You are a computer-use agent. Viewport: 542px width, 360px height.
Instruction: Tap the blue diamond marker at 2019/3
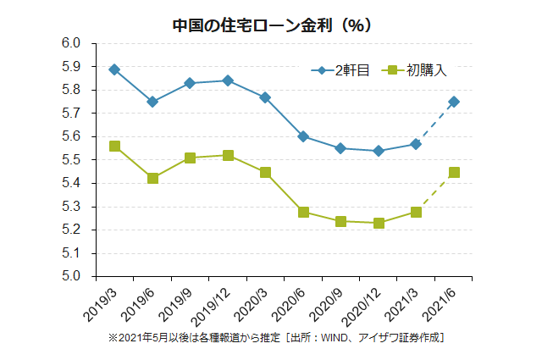tap(114, 69)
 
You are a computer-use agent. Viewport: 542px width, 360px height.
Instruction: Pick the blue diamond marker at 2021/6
tap(454, 102)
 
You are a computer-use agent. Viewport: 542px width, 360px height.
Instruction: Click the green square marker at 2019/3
tap(114, 146)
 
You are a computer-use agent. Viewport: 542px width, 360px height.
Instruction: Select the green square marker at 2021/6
tap(454, 172)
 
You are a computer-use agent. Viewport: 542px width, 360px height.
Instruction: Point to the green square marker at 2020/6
tap(303, 212)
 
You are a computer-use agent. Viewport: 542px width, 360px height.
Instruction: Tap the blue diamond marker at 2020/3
tap(265, 97)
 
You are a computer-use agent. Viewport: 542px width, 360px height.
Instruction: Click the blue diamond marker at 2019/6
tap(152, 102)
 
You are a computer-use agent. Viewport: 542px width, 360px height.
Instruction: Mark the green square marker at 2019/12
tap(228, 155)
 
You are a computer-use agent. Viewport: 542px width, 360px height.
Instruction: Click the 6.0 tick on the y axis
tap(71, 43)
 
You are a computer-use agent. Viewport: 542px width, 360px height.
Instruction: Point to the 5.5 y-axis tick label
tap(71, 159)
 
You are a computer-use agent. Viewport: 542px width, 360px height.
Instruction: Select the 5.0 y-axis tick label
tap(71, 276)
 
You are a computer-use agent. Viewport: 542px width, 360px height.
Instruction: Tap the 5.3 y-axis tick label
tap(71, 206)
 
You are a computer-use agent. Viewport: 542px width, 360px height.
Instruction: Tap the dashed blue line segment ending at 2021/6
tap(435, 123)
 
